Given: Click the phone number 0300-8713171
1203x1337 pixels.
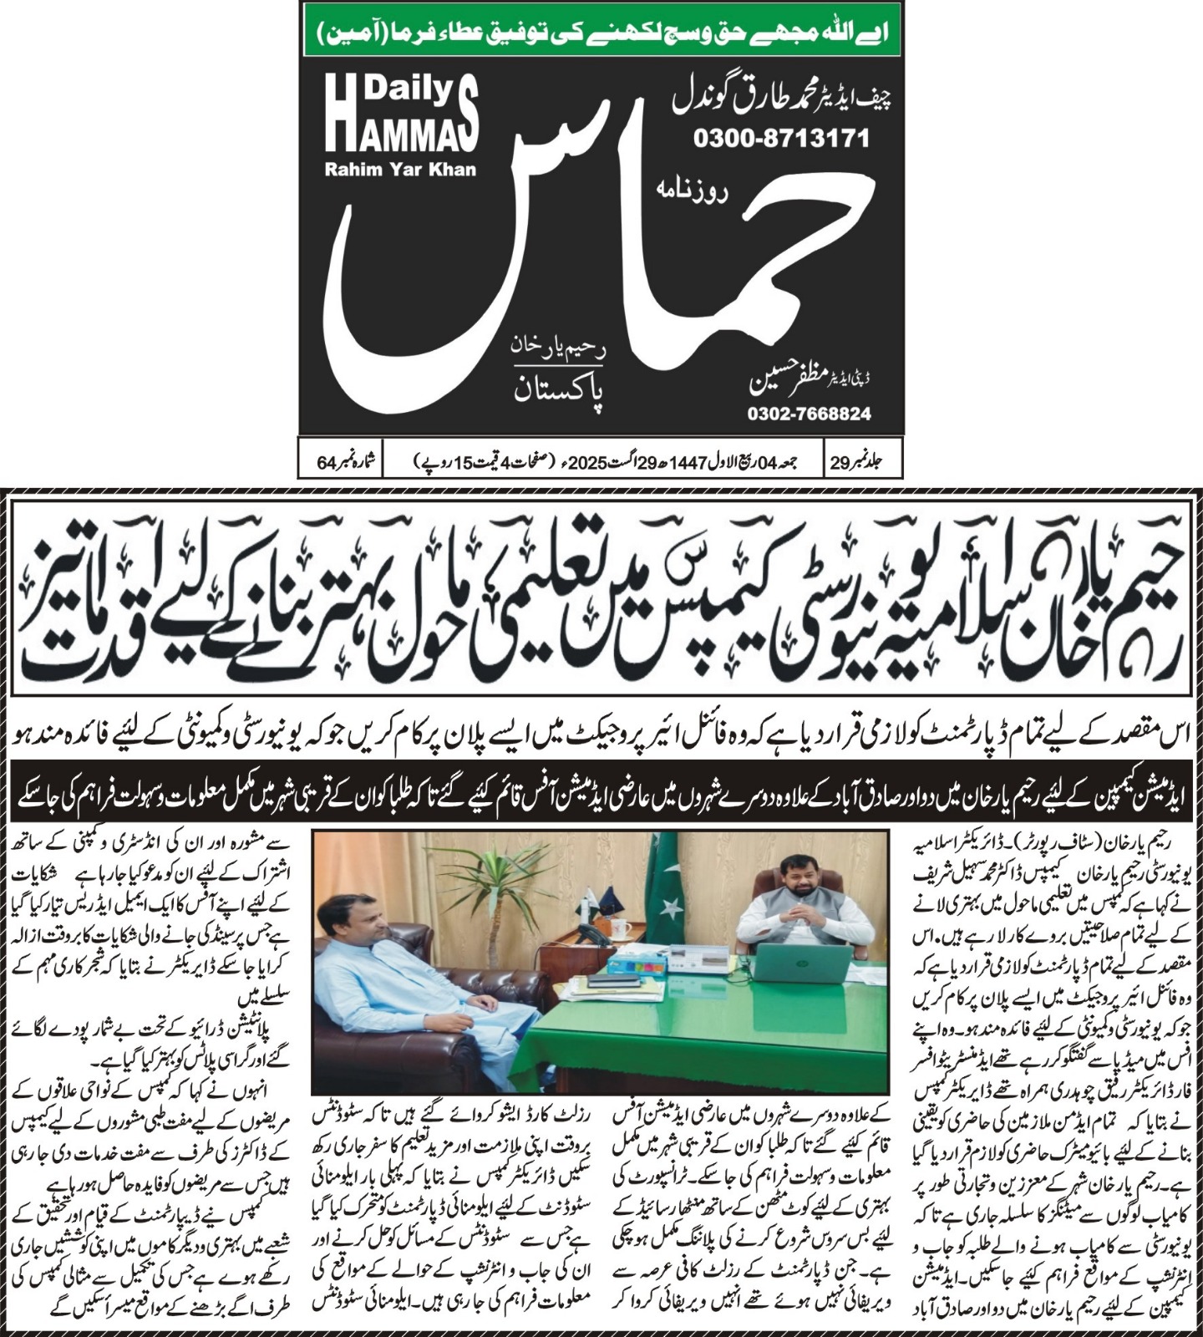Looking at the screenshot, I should pyautogui.click(x=781, y=138).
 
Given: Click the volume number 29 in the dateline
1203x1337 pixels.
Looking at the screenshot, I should pyautogui.click(x=839, y=460).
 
